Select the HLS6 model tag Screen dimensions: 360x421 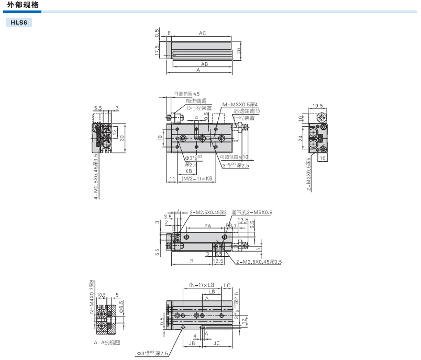pyautogui.click(x=19, y=23)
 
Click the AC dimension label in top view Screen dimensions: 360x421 pyautogui.click(x=202, y=33)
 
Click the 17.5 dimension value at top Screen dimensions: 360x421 pyautogui.click(x=157, y=51)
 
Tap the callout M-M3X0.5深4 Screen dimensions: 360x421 pyautogui.click(x=240, y=104)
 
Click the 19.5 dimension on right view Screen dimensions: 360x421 pyautogui.click(x=317, y=106)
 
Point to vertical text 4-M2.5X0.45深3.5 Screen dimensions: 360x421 pyautogui.click(x=96, y=176)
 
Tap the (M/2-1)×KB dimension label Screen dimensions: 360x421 pyautogui.click(x=197, y=179)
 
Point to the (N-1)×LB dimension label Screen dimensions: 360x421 pyautogui.click(x=202, y=285)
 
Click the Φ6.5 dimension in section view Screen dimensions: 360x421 pyautogui.click(x=121, y=307)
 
